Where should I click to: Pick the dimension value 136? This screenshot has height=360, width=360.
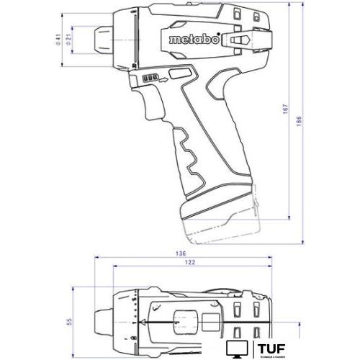[180, 254]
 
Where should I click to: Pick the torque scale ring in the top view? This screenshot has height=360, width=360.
[135, 317]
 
